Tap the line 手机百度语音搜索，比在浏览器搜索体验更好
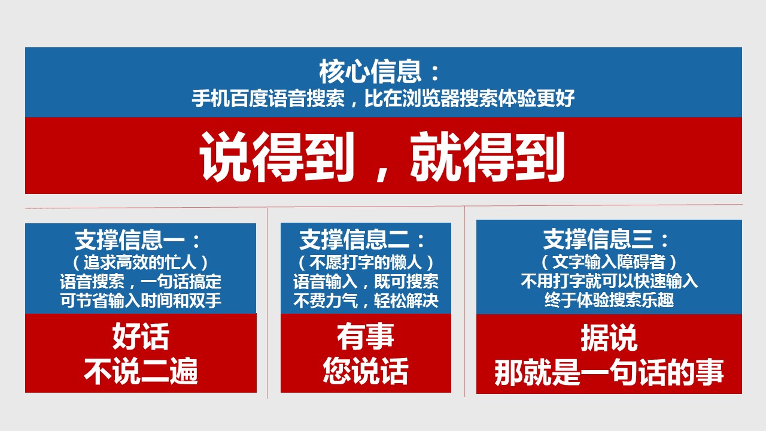(x=383, y=99)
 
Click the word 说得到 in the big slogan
(x=277, y=157)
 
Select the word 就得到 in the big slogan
(x=488, y=157)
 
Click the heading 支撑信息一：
(x=138, y=240)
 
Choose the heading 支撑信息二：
(x=363, y=240)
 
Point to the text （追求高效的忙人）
(x=140, y=262)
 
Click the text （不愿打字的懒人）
(x=366, y=262)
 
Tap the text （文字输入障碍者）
(x=609, y=262)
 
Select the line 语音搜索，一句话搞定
(x=141, y=281)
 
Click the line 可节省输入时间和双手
(x=141, y=301)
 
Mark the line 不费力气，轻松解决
(x=366, y=301)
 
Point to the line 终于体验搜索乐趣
(x=609, y=300)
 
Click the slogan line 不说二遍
(x=141, y=371)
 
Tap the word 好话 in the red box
(x=141, y=336)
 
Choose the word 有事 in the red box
(x=366, y=336)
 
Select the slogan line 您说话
(x=366, y=371)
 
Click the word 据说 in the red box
(x=609, y=338)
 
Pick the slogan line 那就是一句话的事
(x=609, y=372)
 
